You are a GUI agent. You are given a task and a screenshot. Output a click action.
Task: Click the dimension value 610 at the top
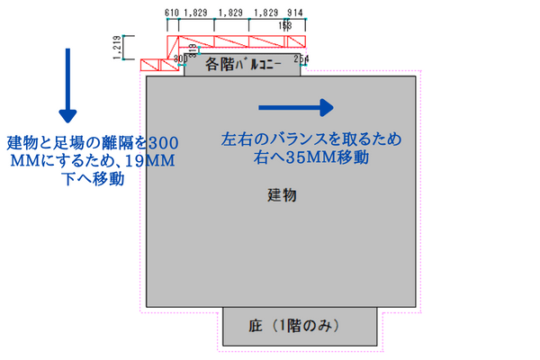point(171,13)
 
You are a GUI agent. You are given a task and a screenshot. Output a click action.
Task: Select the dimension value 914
point(293,13)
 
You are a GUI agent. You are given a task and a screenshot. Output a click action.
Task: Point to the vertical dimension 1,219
point(118,49)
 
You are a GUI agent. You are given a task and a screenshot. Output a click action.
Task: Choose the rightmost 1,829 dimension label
point(265,13)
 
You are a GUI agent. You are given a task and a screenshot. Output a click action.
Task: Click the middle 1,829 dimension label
point(231,13)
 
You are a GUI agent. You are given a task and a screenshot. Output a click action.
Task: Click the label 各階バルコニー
point(244,65)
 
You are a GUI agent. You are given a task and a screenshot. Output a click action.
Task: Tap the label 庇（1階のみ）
point(298,325)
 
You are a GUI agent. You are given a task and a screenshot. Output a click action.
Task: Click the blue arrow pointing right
point(296,107)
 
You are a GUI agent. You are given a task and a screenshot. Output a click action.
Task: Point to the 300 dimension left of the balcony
point(179,58)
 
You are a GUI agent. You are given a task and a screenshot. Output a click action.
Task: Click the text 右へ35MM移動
point(310,159)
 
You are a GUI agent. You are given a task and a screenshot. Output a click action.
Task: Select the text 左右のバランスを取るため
point(310,141)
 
